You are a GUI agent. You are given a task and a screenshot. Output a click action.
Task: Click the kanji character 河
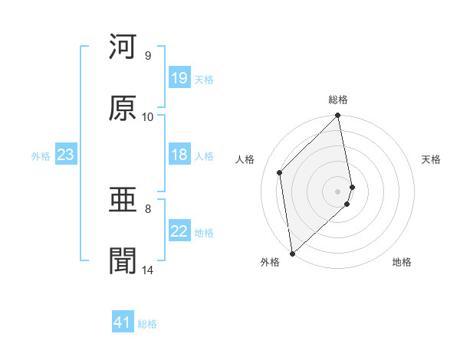(x=123, y=47)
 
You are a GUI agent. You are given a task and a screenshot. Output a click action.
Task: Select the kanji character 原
(x=123, y=108)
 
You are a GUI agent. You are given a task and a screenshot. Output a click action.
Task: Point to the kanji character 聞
(x=123, y=261)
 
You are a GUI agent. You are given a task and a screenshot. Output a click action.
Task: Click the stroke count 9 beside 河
(x=147, y=55)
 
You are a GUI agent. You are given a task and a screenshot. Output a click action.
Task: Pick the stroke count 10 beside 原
(x=147, y=116)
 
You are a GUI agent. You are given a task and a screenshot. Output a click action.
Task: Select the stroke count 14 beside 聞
(x=147, y=270)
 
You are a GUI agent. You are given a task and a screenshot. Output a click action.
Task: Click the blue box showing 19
(x=179, y=78)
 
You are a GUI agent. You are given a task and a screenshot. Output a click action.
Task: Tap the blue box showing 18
(x=179, y=155)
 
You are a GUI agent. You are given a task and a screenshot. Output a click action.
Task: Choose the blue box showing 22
(x=179, y=231)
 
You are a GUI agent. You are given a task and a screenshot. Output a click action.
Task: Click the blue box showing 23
(x=65, y=155)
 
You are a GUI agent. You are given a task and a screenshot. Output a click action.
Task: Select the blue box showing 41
(x=123, y=322)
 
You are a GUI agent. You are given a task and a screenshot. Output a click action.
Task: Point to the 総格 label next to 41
(x=147, y=324)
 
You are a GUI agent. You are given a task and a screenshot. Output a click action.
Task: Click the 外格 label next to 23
(x=41, y=156)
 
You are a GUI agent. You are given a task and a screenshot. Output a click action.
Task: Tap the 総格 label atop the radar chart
(x=338, y=100)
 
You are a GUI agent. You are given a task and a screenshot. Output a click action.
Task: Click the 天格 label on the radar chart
(x=432, y=159)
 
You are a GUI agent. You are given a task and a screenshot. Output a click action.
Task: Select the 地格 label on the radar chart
(x=402, y=262)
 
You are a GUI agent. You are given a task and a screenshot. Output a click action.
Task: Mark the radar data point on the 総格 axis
(x=338, y=116)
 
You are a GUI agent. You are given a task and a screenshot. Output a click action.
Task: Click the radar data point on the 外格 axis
(x=291, y=253)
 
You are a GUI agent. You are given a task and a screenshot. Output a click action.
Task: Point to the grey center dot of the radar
(x=338, y=191)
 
